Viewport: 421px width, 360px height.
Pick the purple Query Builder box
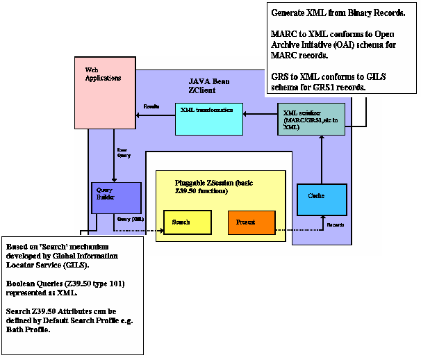[116, 197]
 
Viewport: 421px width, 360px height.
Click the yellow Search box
[187, 222]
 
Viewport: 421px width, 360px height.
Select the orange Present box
[251, 222]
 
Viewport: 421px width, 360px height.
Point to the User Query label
[122, 152]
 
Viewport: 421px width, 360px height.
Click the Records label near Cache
[336, 224]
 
